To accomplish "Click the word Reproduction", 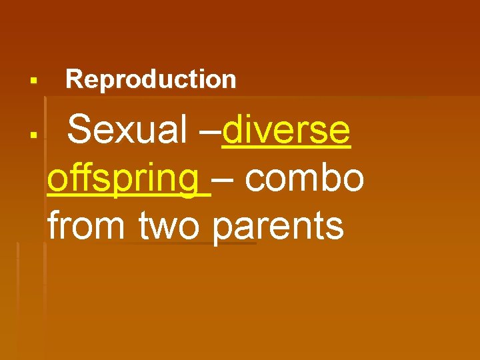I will click(x=151, y=79).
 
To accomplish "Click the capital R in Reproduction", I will click(x=73, y=79).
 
